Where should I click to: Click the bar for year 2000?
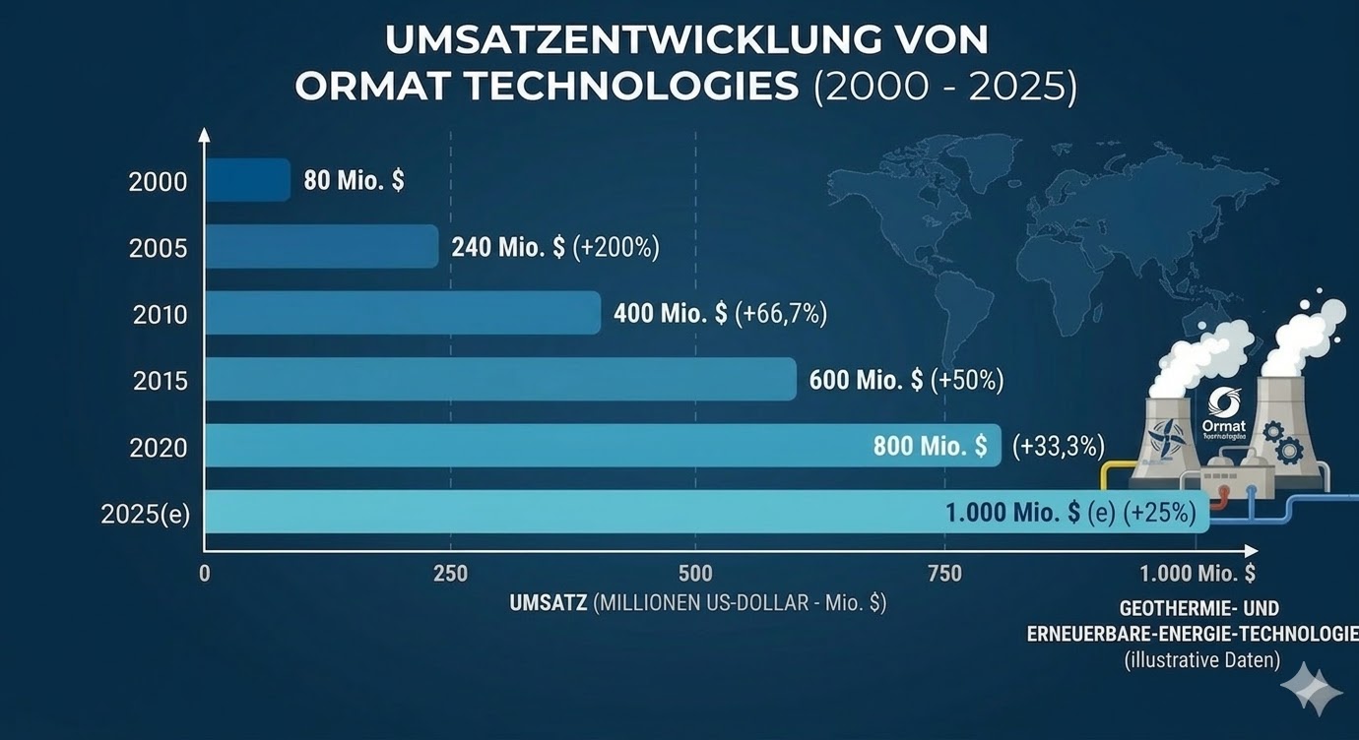[248, 180]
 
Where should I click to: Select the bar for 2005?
[322, 246]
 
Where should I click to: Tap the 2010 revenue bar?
[403, 313]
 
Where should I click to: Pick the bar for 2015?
[500, 379]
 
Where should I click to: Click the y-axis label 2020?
[159, 448]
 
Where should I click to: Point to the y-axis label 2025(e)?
[145, 514]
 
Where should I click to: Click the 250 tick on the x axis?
[450, 574]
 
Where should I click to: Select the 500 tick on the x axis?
[695, 574]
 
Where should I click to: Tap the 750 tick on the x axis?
[944, 574]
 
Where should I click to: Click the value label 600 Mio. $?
[866, 380]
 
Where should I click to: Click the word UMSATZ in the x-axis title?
[549, 603]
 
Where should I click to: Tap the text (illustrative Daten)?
[1201, 660]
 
